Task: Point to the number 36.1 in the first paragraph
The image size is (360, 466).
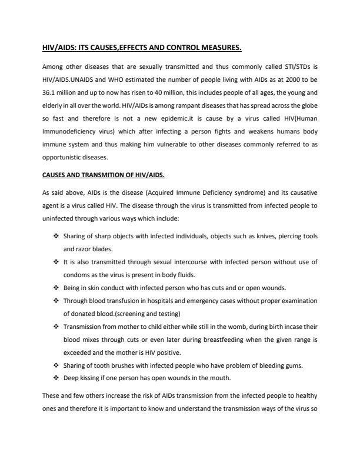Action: coord(51,93)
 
